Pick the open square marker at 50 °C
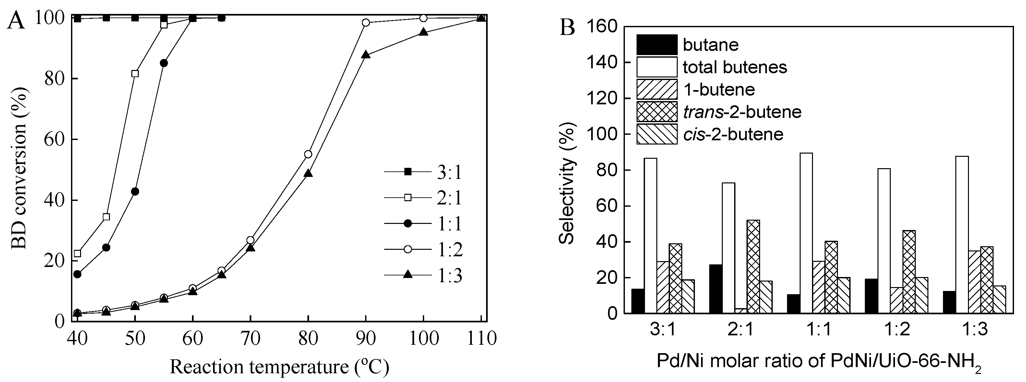pyautogui.click(x=135, y=74)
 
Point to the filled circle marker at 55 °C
pyautogui.click(x=164, y=63)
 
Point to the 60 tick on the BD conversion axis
pyautogui.click(x=54, y=140)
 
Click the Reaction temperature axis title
pyautogui.click(x=279, y=366)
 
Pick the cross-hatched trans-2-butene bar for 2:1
pyautogui.click(x=753, y=266)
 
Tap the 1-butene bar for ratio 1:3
pyautogui.click(x=975, y=282)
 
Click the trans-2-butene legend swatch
pyautogui.click(x=657, y=112)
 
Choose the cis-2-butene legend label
pyautogui.click(x=733, y=134)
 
